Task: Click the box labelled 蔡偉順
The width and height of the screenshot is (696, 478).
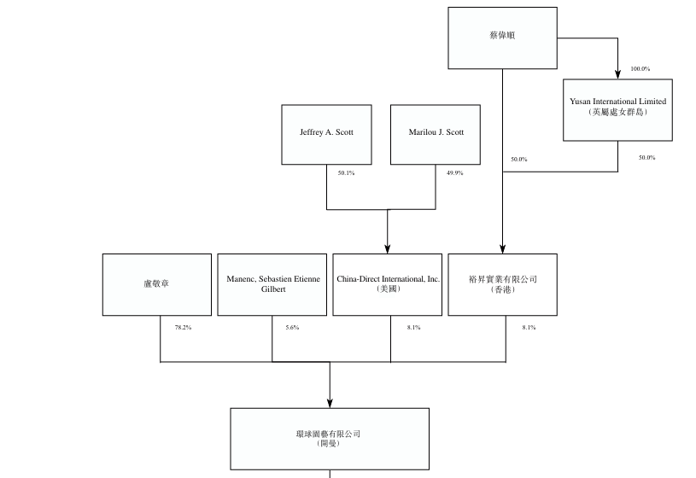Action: pyautogui.click(x=502, y=38)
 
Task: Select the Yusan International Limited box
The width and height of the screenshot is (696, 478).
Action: pyautogui.click(x=618, y=110)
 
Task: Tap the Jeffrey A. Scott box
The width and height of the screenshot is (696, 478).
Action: pyautogui.click(x=327, y=135)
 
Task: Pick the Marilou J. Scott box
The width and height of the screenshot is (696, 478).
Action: pyautogui.click(x=436, y=135)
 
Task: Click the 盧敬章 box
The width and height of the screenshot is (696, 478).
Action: pyautogui.click(x=157, y=285)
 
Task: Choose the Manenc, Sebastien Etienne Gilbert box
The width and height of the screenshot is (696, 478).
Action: pyautogui.click(x=272, y=285)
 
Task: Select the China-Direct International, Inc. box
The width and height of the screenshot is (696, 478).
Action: pyautogui.click(x=388, y=285)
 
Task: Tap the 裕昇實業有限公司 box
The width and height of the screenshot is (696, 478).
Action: pyautogui.click(x=502, y=285)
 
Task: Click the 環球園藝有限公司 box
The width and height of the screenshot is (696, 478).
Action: pyautogui.click(x=330, y=439)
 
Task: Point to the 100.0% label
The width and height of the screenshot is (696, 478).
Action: pyautogui.click(x=640, y=69)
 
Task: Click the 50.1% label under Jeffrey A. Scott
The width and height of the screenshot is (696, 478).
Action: pyautogui.click(x=346, y=173)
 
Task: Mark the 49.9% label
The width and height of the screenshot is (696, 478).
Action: pyautogui.click(x=455, y=173)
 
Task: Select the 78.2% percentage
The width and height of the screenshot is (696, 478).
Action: pyautogui.click(x=183, y=328)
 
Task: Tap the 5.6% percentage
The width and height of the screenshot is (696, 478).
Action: pyautogui.click(x=293, y=328)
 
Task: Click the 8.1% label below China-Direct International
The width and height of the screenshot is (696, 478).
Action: pyautogui.click(x=413, y=328)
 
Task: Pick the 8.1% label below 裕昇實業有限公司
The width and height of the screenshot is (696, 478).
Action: pyautogui.click(x=529, y=328)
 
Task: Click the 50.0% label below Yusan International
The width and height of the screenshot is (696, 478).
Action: pyautogui.click(x=647, y=158)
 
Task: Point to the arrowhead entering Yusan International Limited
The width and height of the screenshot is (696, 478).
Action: pyautogui.click(x=618, y=74)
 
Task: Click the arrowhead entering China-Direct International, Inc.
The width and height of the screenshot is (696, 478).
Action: pyautogui.click(x=388, y=249)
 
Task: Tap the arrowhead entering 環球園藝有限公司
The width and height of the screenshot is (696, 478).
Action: pyautogui.click(x=330, y=403)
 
